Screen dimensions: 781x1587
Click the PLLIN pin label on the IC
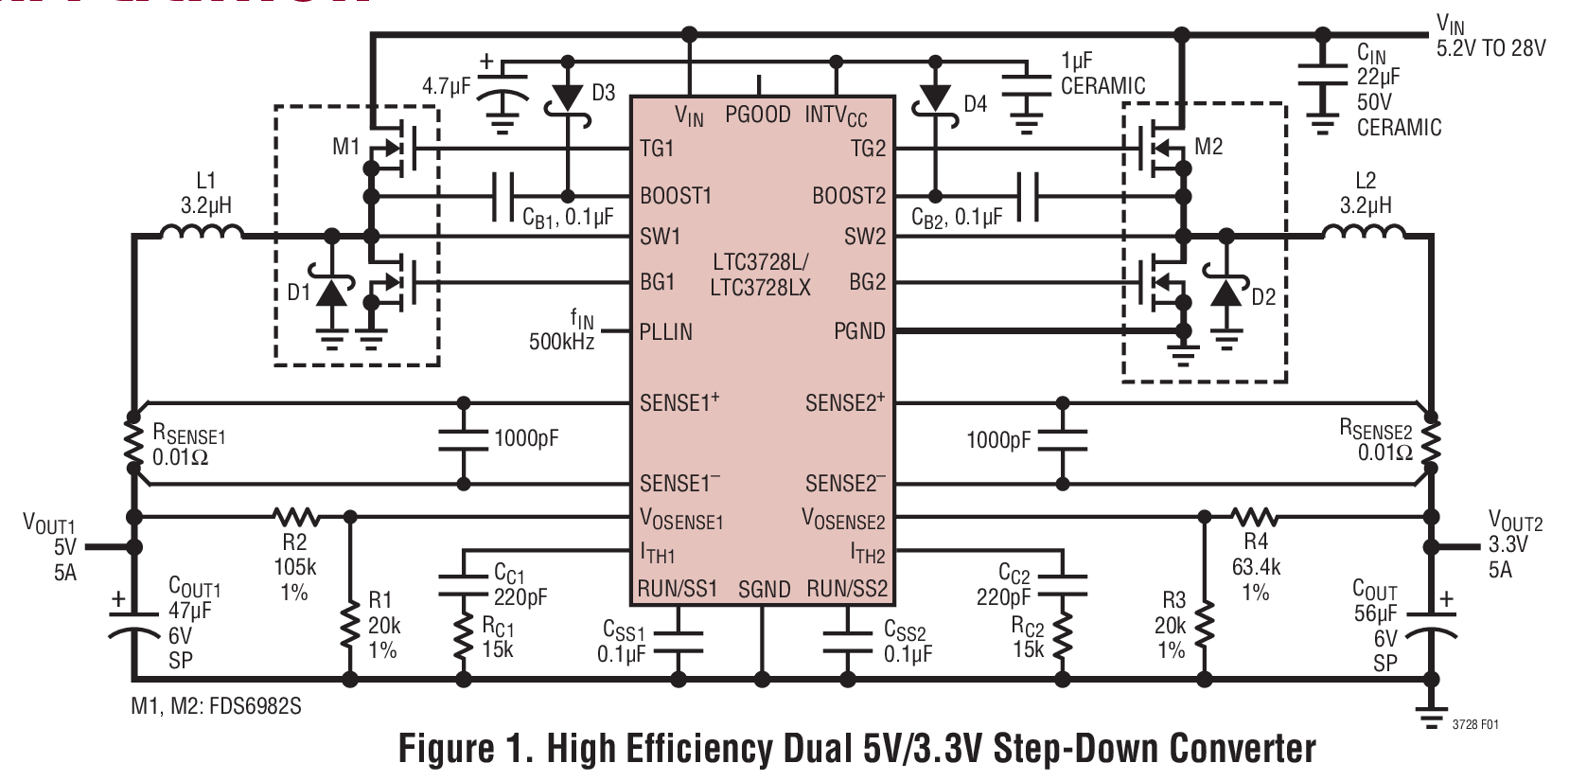666,332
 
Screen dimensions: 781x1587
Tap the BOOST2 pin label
848,196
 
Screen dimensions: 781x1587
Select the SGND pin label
764,590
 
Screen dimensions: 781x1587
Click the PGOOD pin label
758,115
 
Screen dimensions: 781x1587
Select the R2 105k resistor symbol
296,517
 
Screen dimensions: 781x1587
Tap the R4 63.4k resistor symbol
1255,517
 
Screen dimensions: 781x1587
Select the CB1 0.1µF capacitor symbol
503,197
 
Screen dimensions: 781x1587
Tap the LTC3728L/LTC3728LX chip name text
761,275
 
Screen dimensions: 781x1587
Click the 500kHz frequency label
561,342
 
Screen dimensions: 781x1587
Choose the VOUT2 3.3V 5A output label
1514,545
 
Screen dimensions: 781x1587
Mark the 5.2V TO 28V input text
1490,47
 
